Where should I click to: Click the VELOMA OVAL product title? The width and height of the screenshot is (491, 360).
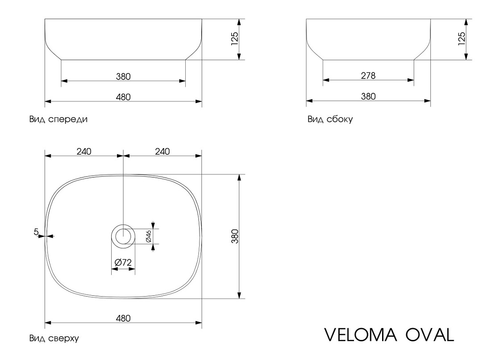point(389,335)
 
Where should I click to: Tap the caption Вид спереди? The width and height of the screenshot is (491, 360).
point(58,119)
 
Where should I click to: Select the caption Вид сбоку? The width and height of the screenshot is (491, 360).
point(330,119)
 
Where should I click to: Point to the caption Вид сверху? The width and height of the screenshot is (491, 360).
point(54,339)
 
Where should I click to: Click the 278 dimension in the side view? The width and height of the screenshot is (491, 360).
point(368,76)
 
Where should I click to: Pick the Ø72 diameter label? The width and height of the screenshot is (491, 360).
point(123,262)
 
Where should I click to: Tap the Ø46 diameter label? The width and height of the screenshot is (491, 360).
point(149,236)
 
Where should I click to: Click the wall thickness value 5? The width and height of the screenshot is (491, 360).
point(36,232)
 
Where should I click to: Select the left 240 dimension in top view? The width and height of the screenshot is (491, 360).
point(84,152)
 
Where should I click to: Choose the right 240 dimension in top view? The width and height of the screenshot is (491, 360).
point(162,152)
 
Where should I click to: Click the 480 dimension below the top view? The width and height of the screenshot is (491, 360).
point(123,319)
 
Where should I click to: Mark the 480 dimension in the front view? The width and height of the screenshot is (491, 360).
point(123,97)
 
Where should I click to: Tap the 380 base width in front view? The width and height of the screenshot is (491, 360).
point(123,76)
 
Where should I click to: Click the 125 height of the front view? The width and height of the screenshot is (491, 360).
point(234,39)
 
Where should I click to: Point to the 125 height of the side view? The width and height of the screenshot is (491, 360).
point(462,39)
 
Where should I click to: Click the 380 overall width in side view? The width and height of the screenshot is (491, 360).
point(368,96)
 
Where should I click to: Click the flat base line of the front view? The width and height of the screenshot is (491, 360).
point(123,59)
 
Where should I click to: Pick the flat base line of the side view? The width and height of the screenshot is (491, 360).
point(368,59)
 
